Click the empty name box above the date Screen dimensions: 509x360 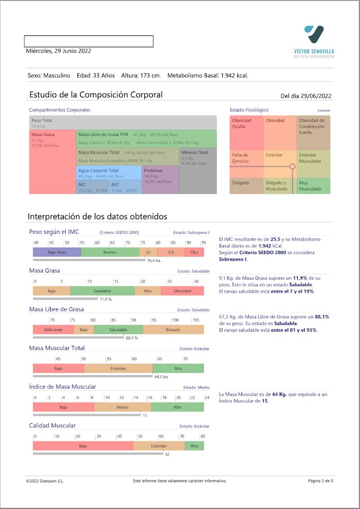coord(89,41)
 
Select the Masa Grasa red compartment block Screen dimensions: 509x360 coord(52,162)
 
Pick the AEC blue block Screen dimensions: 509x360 coord(125,187)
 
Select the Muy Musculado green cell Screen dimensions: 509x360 coord(314,186)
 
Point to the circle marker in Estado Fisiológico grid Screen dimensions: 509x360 coord(292,166)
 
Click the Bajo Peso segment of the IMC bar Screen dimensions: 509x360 coord(57,252)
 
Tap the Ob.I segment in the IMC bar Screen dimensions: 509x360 coord(194,252)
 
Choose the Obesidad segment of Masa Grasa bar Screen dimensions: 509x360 coord(182,291)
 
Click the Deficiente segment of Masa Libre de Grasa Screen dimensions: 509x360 coord(53,330)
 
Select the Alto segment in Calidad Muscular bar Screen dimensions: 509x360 coord(194,446)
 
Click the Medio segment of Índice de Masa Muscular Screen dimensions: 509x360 coord(122,407)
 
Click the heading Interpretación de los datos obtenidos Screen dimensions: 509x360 coord(98,217)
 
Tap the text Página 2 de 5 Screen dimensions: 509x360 coord(320,481)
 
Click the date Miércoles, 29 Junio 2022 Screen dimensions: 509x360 coord(58,51)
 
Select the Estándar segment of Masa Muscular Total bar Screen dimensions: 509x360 coord(118,368)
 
